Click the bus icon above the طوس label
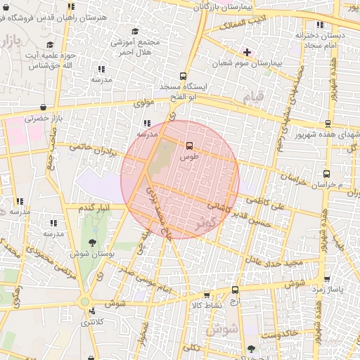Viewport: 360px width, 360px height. click(x=188, y=146)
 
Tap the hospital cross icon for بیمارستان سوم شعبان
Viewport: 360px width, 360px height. click(x=247, y=51)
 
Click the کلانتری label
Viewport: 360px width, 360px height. click(x=92, y=322)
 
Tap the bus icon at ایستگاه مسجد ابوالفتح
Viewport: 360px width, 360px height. click(x=184, y=76)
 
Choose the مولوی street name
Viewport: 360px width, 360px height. click(x=143, y=103)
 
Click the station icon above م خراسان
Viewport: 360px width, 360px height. click(x=326, y=174)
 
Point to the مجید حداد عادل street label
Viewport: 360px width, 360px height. click(x=274, y=263)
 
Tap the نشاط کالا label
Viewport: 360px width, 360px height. click(x=207, y=305)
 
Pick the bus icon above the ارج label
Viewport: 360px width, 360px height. click(x=234, y=290)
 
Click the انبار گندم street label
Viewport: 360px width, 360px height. click(x=94, y=208)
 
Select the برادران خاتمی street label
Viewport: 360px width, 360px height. click(x=91, y=149)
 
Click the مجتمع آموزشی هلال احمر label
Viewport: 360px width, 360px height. click(x=135, y=47)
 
